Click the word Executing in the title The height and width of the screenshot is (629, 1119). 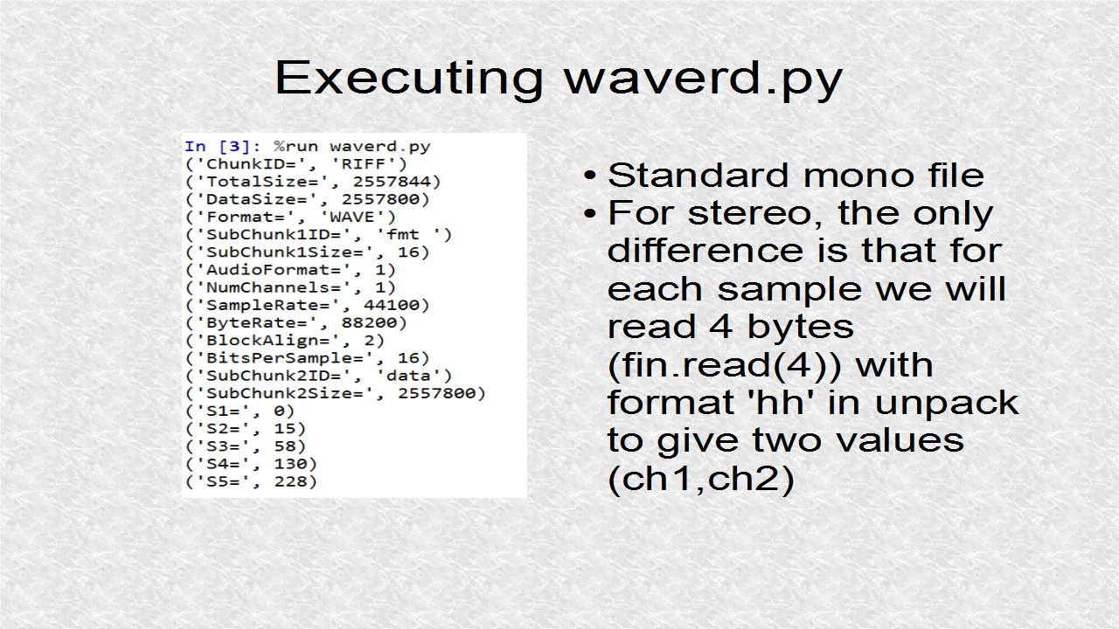tap(409, 79)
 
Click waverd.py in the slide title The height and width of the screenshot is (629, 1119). tap(704, 79)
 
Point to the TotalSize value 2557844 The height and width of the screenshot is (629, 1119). tap(392, 182)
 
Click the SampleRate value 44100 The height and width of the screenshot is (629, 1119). tap(391, 305)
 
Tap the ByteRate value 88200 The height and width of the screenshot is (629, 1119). tap(369, 322)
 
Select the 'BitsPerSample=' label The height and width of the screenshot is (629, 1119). tap(285, 358)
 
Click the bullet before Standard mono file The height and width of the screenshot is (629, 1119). tap(590, 176)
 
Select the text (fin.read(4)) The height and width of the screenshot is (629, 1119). tap(725, 365)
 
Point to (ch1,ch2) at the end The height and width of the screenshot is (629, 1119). tap(701, 480)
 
